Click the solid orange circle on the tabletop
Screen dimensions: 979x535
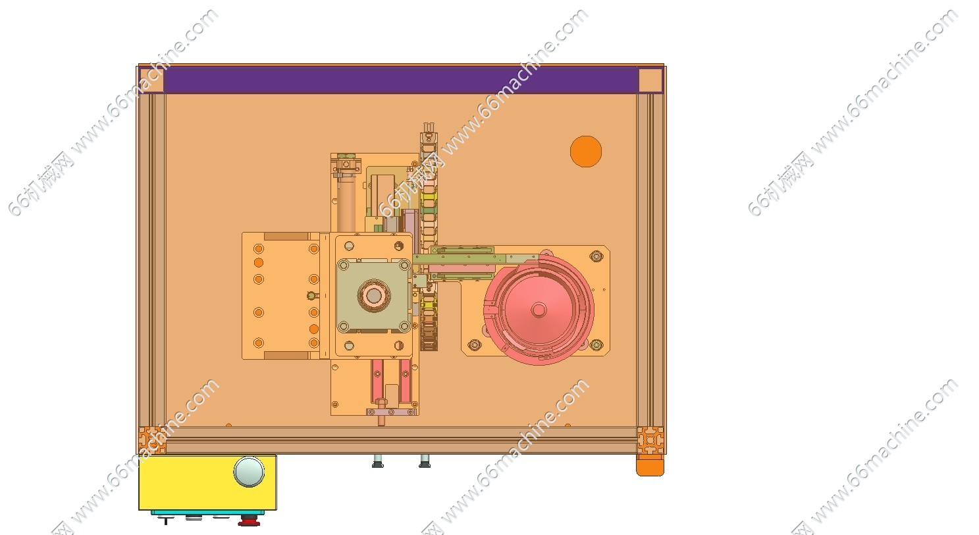(x=586, y=152)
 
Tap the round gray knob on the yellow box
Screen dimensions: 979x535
(x=249, y=472)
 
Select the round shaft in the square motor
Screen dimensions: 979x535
(x=374, y=296)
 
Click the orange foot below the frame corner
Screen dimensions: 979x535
(x=650, y=465)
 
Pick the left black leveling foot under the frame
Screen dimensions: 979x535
(x=378, y=461)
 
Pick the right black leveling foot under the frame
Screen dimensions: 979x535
(x=425, y=461)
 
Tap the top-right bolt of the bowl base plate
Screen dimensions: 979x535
(x=596, y=256)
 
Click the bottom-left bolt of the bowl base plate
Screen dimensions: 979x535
(x=475, y=345)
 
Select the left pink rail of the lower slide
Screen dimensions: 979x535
(x=377, y=381)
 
